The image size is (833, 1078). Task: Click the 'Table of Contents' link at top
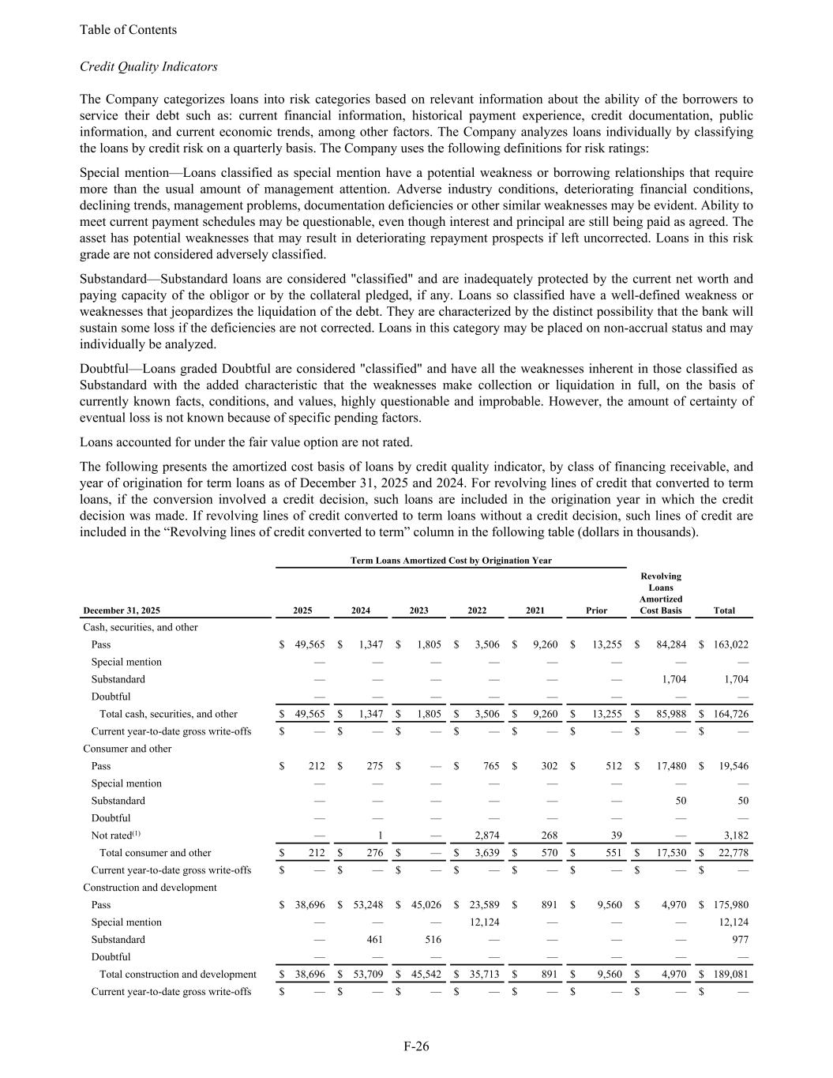pos(128,30)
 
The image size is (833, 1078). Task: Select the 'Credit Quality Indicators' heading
pos(148,66)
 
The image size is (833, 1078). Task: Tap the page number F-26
pos(416,1046)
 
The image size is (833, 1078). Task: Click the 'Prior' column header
pos(597,610)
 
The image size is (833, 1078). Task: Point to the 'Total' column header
pos(723,610)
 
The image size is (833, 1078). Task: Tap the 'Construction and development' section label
pos(150,887)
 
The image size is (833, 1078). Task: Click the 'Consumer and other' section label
pos(127,748)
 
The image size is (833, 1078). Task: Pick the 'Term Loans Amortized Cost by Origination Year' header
pos(451,560)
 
